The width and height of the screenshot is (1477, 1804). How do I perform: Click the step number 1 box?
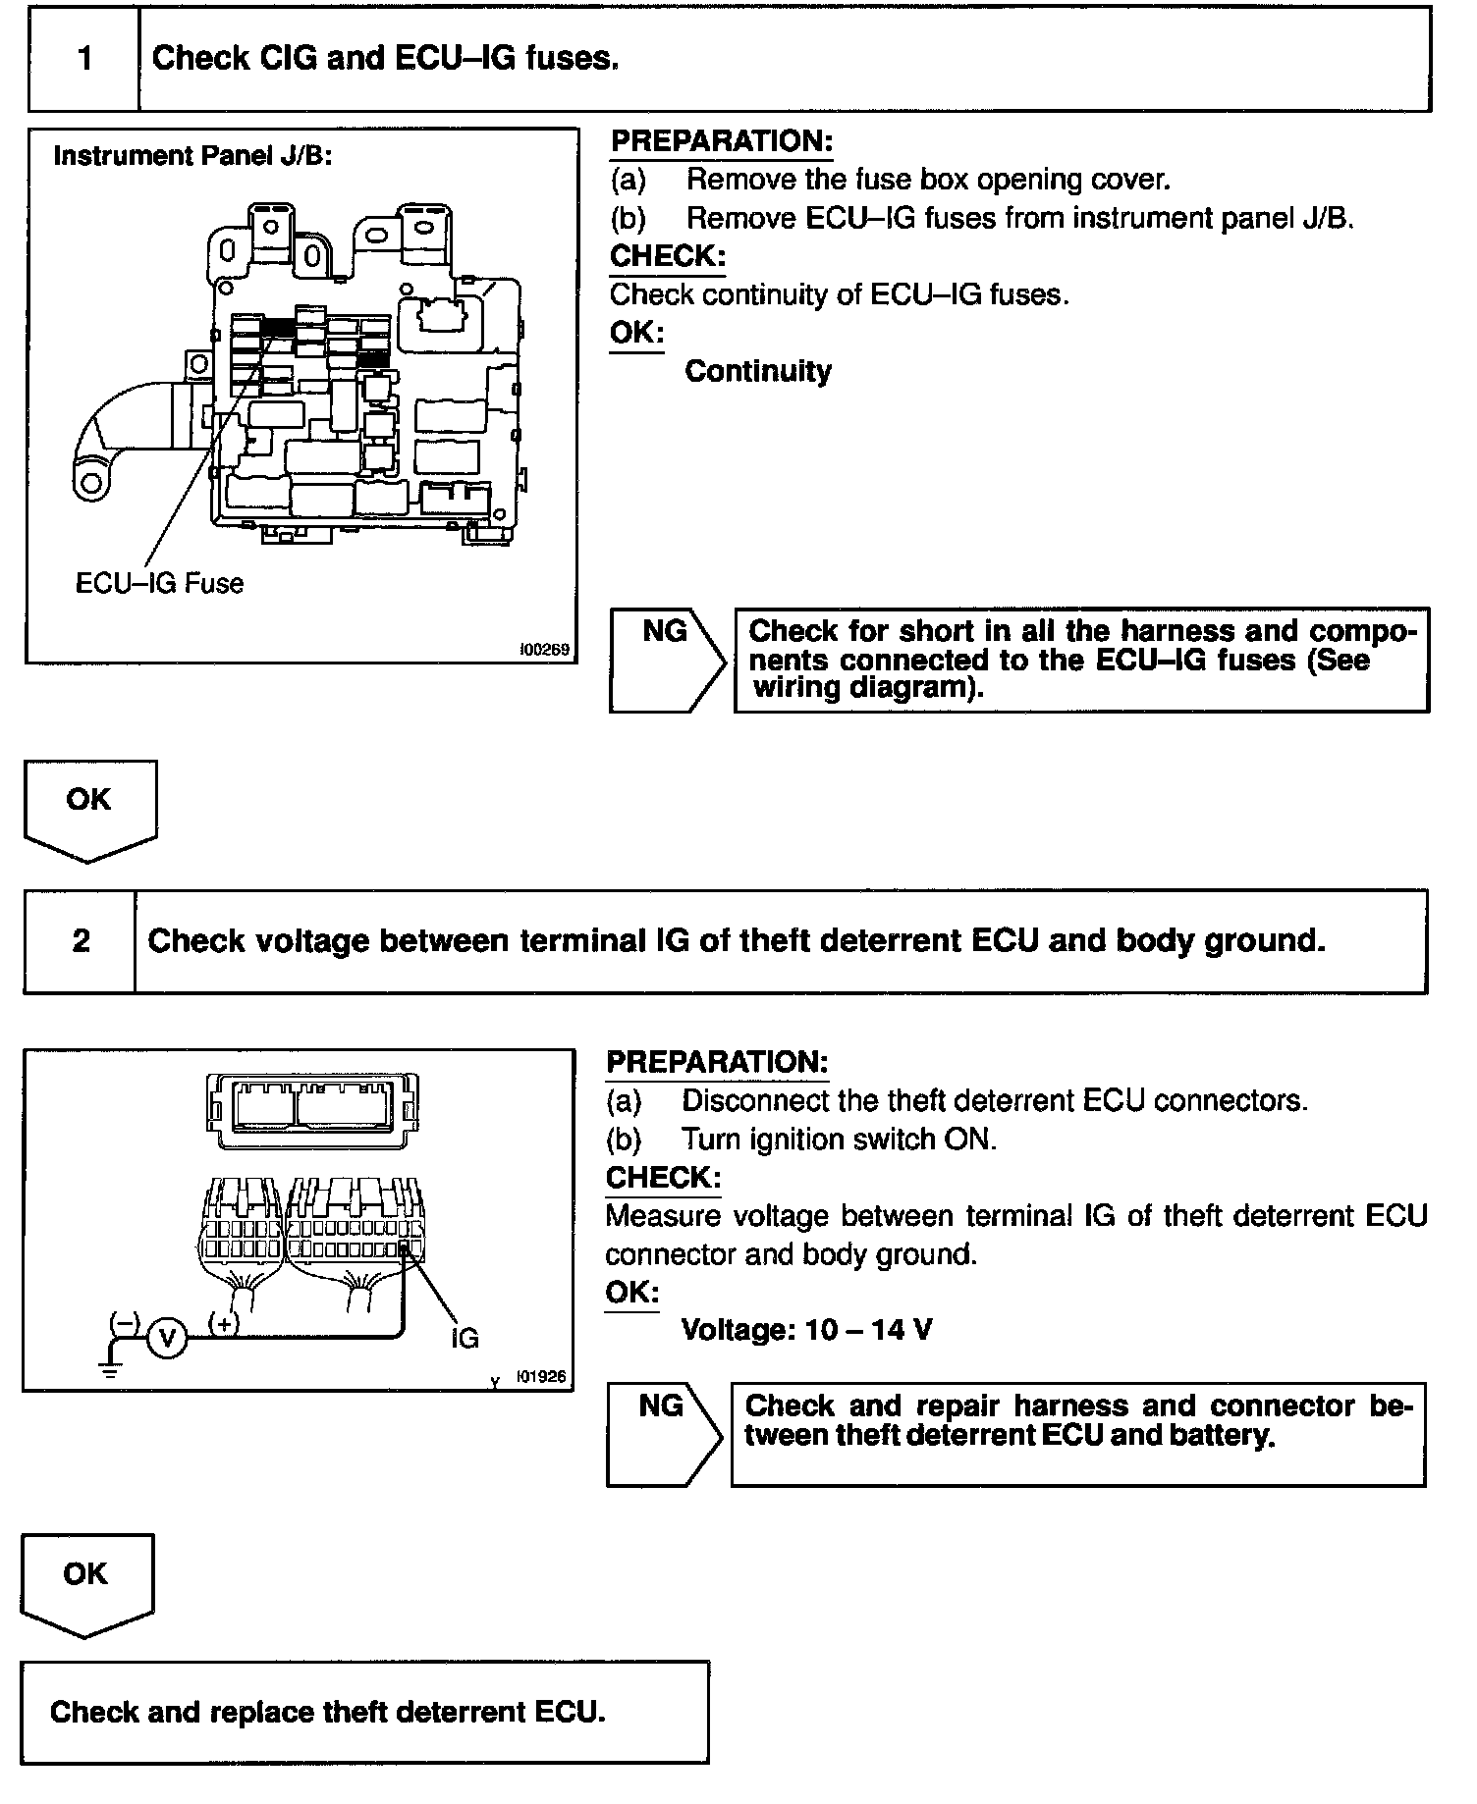click(x=84, y=59)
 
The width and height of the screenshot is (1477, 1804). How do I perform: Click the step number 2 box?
click(x=81, y=941)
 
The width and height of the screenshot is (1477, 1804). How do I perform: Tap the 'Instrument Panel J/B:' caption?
click(x=192, y=156)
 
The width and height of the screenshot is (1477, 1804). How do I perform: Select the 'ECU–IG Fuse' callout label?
click(x=159, y=583)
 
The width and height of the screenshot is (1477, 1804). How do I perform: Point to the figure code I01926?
click(x=541, y=1376)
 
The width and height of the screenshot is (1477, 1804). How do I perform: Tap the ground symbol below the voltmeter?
click(x=111, y=1367)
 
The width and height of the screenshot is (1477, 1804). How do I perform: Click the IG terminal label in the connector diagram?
click(x=465, y=1337)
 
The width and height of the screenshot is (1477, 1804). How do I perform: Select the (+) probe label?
click(x=224, y=1323)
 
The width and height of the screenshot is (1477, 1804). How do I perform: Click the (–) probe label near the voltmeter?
click(x=125, y=1323)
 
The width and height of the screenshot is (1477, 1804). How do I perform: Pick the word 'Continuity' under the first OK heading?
click(x=757, y=371)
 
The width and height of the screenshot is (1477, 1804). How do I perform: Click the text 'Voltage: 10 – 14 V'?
click(x=806, y=1330)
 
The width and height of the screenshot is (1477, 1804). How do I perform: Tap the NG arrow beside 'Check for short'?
click(x=667, y=660)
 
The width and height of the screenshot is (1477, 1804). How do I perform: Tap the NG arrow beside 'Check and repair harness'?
click(x=663, y=1434)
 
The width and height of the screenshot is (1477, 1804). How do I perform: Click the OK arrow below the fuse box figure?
click(x=89, y=809)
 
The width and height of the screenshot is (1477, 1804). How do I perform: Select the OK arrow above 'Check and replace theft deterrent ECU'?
click(x=86, y=1583)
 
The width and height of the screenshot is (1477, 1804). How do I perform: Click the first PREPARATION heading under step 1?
click(x=721, y=141)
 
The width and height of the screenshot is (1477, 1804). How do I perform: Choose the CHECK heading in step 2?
click(x=663, y=1177)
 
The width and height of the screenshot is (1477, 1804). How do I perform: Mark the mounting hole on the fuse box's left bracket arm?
click(x=92, y=482)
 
